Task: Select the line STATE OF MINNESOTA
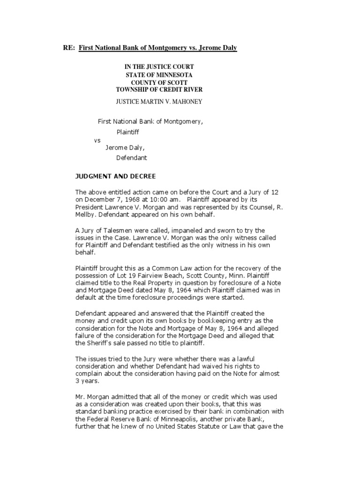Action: [159, 75]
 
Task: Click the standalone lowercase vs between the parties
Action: [97, 140]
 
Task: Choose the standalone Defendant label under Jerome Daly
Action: [132, 158]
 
